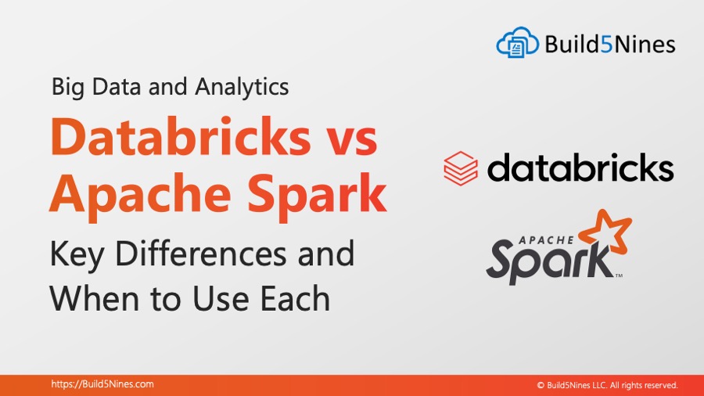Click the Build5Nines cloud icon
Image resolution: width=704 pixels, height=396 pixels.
tap(517, 42)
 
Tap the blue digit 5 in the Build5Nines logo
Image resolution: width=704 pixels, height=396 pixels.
tap(606, 45)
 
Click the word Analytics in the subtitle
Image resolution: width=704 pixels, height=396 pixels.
tap(242, 87)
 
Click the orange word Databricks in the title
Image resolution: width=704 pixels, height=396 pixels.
tap(181, 136)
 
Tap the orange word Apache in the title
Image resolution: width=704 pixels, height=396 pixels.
tap(140, 194)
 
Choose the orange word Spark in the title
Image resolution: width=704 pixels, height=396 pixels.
tap(317, 194)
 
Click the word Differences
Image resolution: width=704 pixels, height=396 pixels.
tap(201, 254)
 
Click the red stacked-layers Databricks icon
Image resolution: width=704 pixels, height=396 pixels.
tap(461, 168)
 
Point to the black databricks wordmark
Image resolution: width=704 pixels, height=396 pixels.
tap(580, 167)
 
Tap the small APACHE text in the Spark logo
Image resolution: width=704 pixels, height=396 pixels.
tap(547, 240)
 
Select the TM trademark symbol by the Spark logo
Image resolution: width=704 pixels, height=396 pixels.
tap(619, 275)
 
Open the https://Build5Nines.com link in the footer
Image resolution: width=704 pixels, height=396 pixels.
tap(102, 384)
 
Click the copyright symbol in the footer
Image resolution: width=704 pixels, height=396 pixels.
tap(541, 385)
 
